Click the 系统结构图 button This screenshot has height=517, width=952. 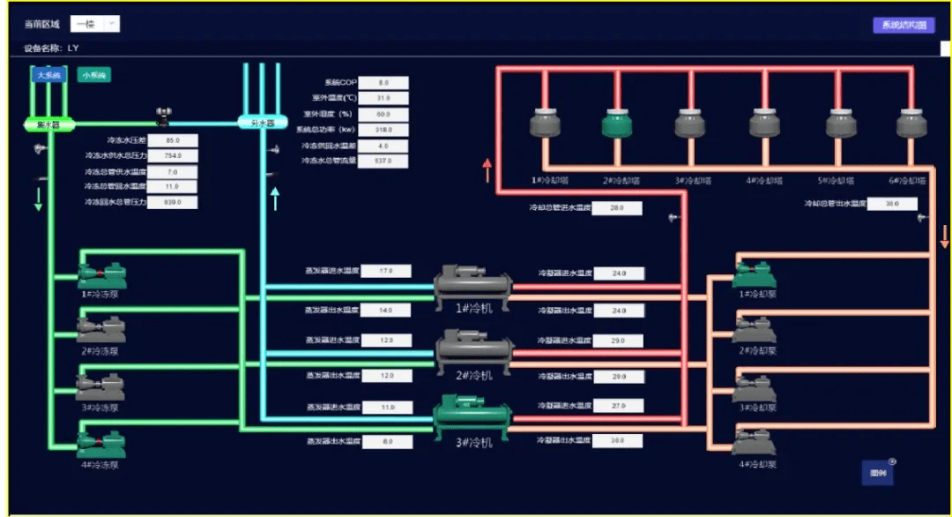coord(904,26)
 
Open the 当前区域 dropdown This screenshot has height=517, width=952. coord(94,24)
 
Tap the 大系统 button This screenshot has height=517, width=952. coord(49,76)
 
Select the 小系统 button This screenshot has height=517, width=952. coord(93,76)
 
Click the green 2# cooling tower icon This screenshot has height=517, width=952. coord(618,123)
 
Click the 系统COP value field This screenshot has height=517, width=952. coord(383,82)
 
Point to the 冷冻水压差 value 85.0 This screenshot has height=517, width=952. coord(173,139)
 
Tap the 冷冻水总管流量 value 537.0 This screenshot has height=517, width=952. coord(383,161)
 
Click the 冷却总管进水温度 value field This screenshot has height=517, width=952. coord(617,208)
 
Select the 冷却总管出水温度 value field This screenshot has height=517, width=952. coord(893,204)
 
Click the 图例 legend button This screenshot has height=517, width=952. coord(877,473)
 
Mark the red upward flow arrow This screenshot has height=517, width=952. coord(486,170)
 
